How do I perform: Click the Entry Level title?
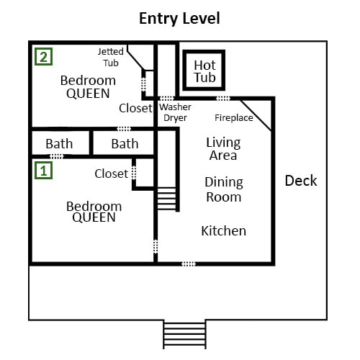[x=179, y=19]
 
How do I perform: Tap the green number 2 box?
[x=43, y=57]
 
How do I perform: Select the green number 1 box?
[x=43, y=170]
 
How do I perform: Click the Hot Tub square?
[x=204, y=71]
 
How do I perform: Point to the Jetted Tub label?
[x=111, y=57]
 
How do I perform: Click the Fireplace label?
[x=234, y=118]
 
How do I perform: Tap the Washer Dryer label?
[x=175, y=112]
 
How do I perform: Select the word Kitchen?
[x=224, y=231]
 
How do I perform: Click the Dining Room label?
[x=224, y=189]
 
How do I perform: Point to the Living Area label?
[x=223, y=149]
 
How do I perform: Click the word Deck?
[x=301, y=181]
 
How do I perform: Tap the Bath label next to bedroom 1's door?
[x=59, y=144]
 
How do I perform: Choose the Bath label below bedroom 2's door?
[x=125, y=144]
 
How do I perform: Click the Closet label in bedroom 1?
[x=112, y=174]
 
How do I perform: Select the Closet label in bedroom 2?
[x=135, y=108]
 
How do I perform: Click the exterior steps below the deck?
[x=184, y=334]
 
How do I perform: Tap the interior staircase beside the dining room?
[x=166, y=198]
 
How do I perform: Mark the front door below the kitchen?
[x=189, y=264]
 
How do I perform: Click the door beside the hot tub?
[x=223, y=99]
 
